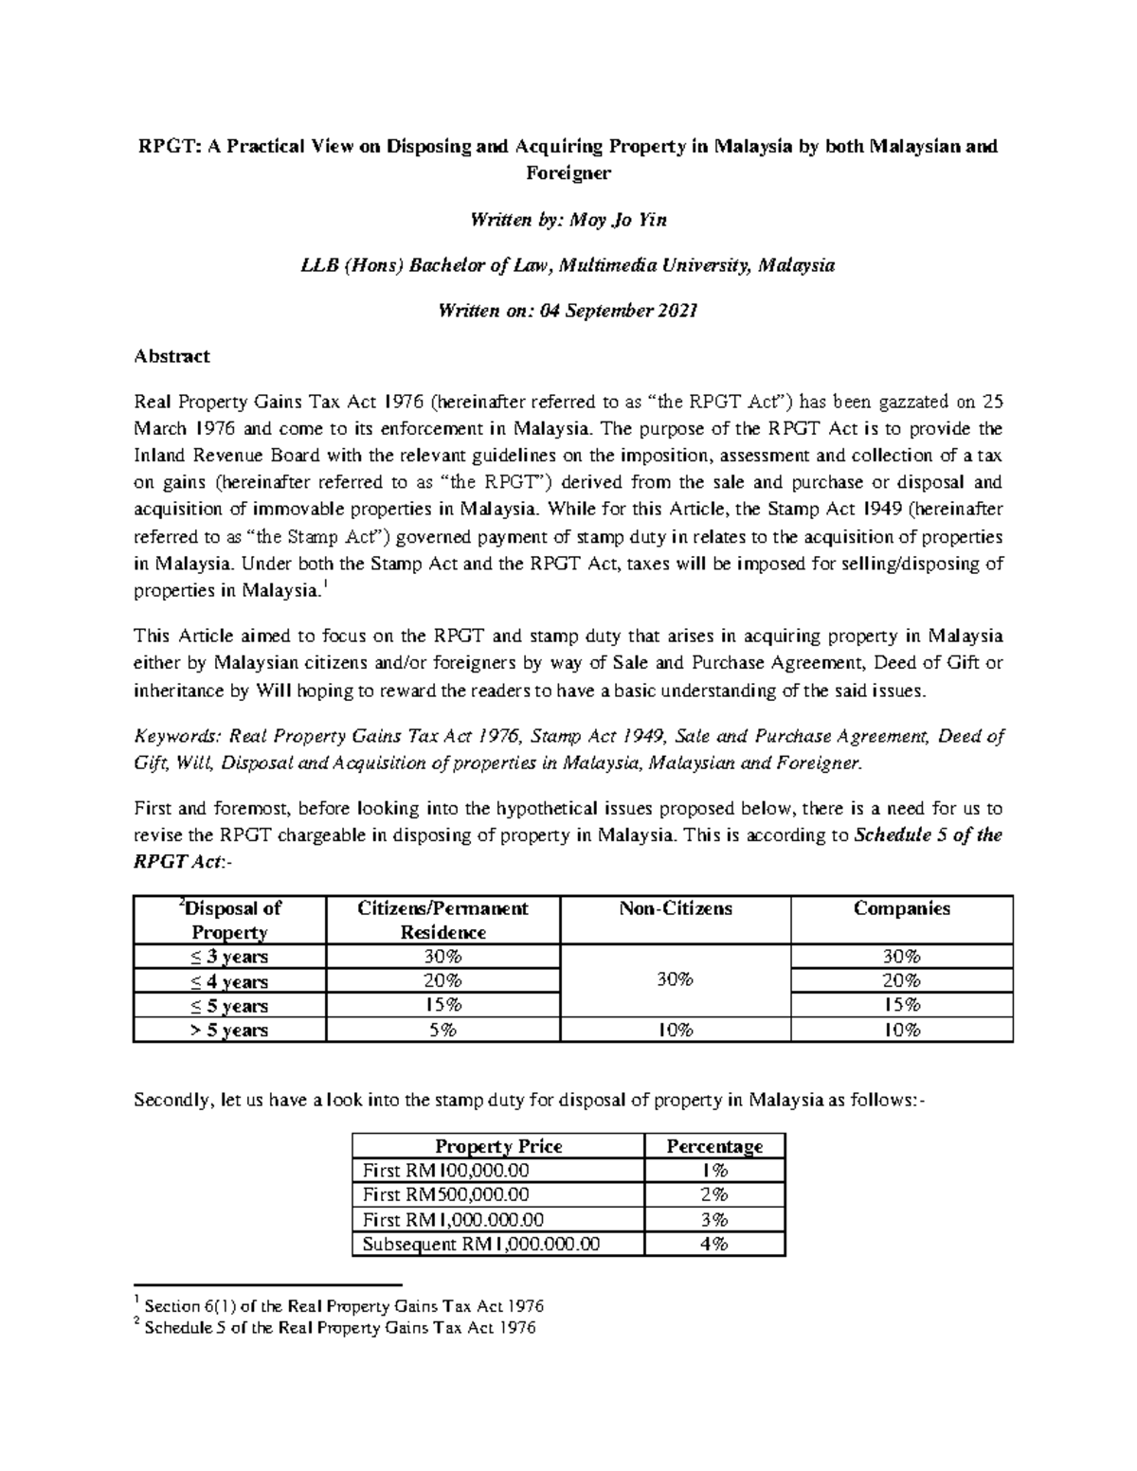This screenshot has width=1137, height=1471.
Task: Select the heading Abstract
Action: click(x=171, y=356)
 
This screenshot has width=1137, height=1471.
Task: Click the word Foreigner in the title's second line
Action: click(x=568, y=173)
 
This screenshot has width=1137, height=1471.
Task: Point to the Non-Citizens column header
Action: click(x=675, y=908)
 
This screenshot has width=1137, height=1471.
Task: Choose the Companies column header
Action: click(x=901, y=908)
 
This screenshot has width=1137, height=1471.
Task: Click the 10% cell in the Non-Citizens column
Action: click(x=675, y=1030)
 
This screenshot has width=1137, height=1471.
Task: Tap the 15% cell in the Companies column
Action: click(x=901, y=1005)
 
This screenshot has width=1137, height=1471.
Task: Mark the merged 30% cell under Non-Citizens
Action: click(x=675, y=980)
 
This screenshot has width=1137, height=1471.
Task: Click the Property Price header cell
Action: click(x=497, y=1145)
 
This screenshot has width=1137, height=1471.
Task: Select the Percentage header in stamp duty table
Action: click(x=713, y=1145)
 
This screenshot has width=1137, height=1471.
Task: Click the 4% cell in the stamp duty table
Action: click(x=713, y=1244)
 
